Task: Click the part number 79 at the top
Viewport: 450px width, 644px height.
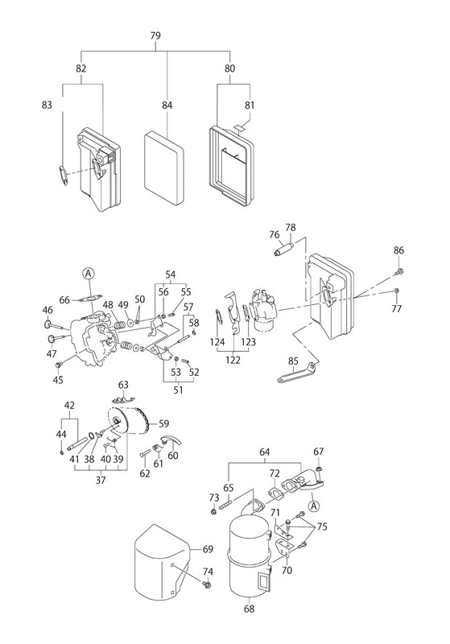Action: pyautogui.click(x=155, y=35)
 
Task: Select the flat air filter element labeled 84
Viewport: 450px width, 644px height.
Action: pyautogui.click(x=163, y=164)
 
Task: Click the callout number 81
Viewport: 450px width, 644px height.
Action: pyautogui.click(x=250, y=105)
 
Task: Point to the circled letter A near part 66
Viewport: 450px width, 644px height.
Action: pyautogui.click(x=89, y=273)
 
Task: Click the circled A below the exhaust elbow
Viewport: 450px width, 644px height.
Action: pyautogui.click(x=314, y=506)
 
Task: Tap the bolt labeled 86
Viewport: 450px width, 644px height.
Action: pyautogui.click(x=399, y=270)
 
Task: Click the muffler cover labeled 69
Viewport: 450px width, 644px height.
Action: pyautogui.click(x=161, y=559)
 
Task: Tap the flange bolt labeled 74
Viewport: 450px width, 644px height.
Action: pyautogui.click(x=206, y=583)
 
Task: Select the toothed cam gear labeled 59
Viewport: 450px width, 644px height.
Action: pyautogui.click(x=130, y=421)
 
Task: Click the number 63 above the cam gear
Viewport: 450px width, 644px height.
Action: pyautogui.click(x=123, y=385)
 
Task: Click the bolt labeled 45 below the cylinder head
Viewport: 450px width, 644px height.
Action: pyautogui.click(x=58, y=365)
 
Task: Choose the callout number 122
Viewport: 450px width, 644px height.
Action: pyautogui.click(x=233, y=360)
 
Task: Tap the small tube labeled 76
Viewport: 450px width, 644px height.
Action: pyautogui.click(x=283, y=250)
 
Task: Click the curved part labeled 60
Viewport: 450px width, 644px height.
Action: pyautogui.click(x=170, y=440)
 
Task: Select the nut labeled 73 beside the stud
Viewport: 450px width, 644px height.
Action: pyautogui.click(x=213, y=511)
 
